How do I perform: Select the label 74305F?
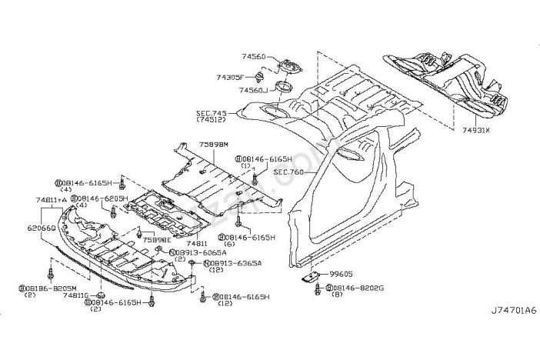pyautogui.click(x=229, y=78)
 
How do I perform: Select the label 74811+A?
pyautogui.click(x=50, y=200)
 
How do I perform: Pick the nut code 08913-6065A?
pyautogui.click(x=202, y=252)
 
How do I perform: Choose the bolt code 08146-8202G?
pyautogui.click(x=358, y=288)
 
